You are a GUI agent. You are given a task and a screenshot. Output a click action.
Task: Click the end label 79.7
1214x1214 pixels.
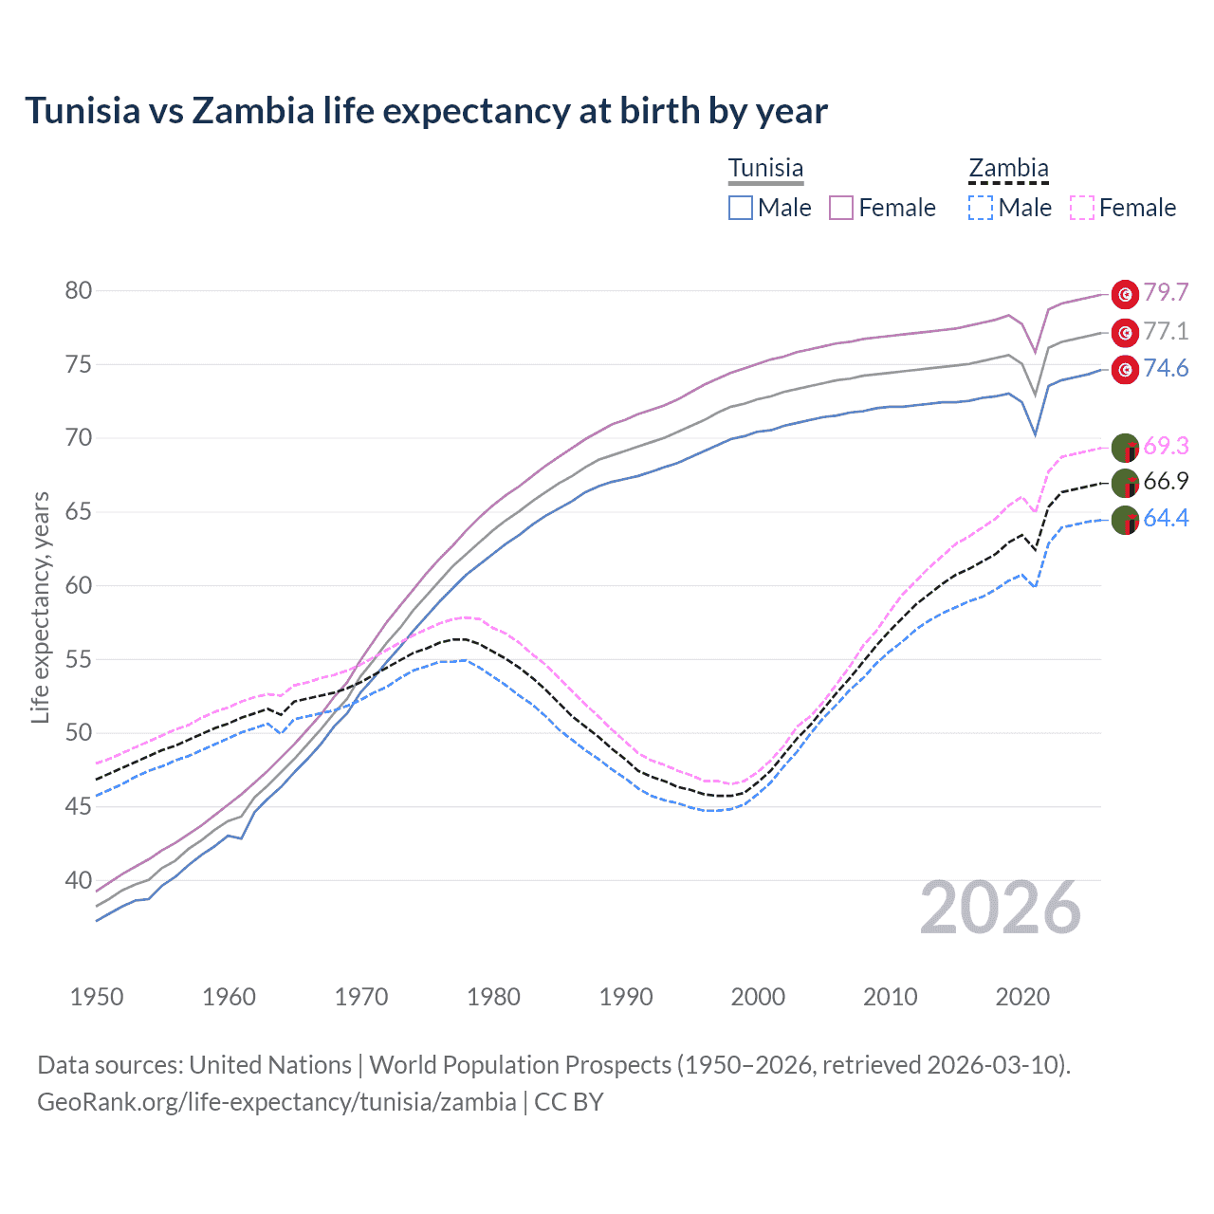click(1166, 293)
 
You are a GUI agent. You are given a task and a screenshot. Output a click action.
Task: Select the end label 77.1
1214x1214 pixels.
click(1166, 331)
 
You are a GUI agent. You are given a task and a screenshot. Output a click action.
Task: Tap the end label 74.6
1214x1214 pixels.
click(1166, 368)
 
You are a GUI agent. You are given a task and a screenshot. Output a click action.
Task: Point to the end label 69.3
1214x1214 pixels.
click(1166, 446)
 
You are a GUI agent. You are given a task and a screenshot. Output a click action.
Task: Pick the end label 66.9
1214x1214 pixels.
click(1166, 482)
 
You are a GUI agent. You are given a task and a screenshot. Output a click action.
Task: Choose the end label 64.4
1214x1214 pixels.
click(1166, 519)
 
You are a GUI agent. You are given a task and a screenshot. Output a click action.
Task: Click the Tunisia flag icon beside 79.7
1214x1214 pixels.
click(1125, 294)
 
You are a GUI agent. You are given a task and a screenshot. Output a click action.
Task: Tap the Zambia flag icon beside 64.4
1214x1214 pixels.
click(1125, 520)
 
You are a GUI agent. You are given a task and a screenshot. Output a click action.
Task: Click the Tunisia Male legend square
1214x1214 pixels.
click(741, 208)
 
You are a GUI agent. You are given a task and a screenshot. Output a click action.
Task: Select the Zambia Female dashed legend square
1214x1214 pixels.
click(1082, 208)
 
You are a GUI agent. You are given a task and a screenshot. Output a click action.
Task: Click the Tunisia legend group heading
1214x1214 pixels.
click(765, 169)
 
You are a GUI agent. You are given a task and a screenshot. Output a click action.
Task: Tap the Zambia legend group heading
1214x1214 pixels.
click(1008, 169)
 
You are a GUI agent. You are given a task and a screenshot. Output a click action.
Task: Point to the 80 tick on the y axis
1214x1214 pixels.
click(79, 291)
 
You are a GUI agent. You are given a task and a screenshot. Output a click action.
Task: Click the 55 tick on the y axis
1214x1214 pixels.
click(79, 659)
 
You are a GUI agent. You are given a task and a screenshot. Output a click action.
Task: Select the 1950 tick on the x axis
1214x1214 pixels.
click(97, 997)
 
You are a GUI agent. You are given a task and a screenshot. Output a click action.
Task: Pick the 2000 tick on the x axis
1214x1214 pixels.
click(758, 997)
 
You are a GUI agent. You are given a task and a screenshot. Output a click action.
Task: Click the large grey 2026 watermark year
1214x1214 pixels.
click(1001, 909)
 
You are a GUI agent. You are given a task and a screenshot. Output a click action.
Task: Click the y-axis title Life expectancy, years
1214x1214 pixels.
click(41, 607)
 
